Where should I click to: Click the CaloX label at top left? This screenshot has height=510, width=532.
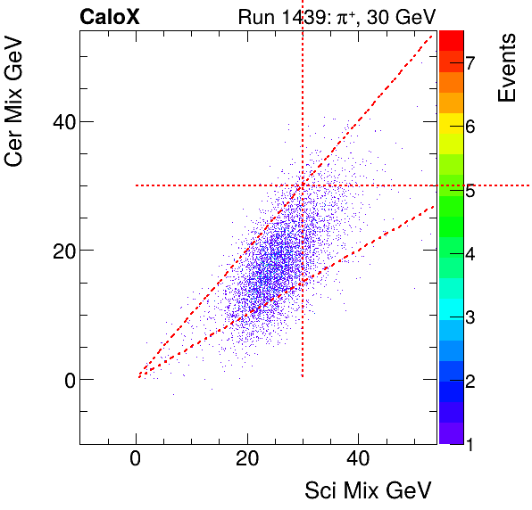click(111, 16)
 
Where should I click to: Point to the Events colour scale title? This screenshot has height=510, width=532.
click(507, 68)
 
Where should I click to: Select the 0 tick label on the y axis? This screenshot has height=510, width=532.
click(62, 379)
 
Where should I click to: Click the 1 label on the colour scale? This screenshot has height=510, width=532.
click(470, 443)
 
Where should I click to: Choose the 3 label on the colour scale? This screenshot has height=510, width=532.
click(470, 317)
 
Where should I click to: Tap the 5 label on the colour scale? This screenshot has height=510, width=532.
click(470, 191)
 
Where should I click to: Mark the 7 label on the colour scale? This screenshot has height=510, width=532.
click(470, 62)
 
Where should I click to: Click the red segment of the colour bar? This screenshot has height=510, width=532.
click(451, 40)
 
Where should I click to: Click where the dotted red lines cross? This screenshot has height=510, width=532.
click(303, 185)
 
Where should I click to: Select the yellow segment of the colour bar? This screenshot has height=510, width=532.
click(451, 132)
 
